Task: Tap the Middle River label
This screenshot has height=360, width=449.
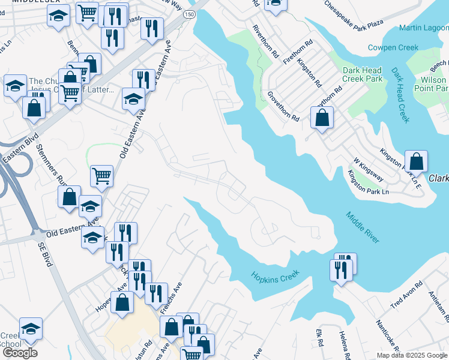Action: click(x=363, y=227)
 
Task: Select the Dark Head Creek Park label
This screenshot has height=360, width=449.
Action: click(x=362, y=74)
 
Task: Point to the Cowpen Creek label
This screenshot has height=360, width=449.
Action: click(x=393, y=47)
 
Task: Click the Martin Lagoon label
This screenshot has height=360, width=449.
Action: click(x=423, y=28)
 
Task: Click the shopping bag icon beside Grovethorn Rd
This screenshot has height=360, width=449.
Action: click(x=322, y=118)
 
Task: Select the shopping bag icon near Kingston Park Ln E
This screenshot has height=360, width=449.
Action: click(x=416, y=161)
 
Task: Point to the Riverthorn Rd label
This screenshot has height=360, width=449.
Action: click(x=267, y=41)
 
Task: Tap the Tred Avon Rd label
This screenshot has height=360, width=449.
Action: click(x=406, y=294)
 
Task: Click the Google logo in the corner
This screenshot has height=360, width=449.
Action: click(x=20, y=353)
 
